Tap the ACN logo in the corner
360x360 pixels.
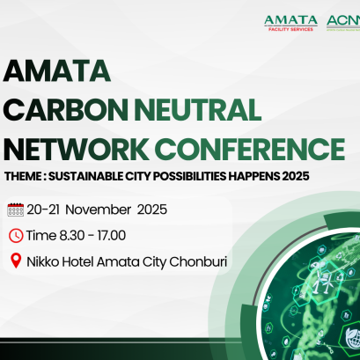[343, 21]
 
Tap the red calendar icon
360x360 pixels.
[15, 210]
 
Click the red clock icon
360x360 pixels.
[15, 235]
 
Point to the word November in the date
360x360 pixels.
[100, 210]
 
